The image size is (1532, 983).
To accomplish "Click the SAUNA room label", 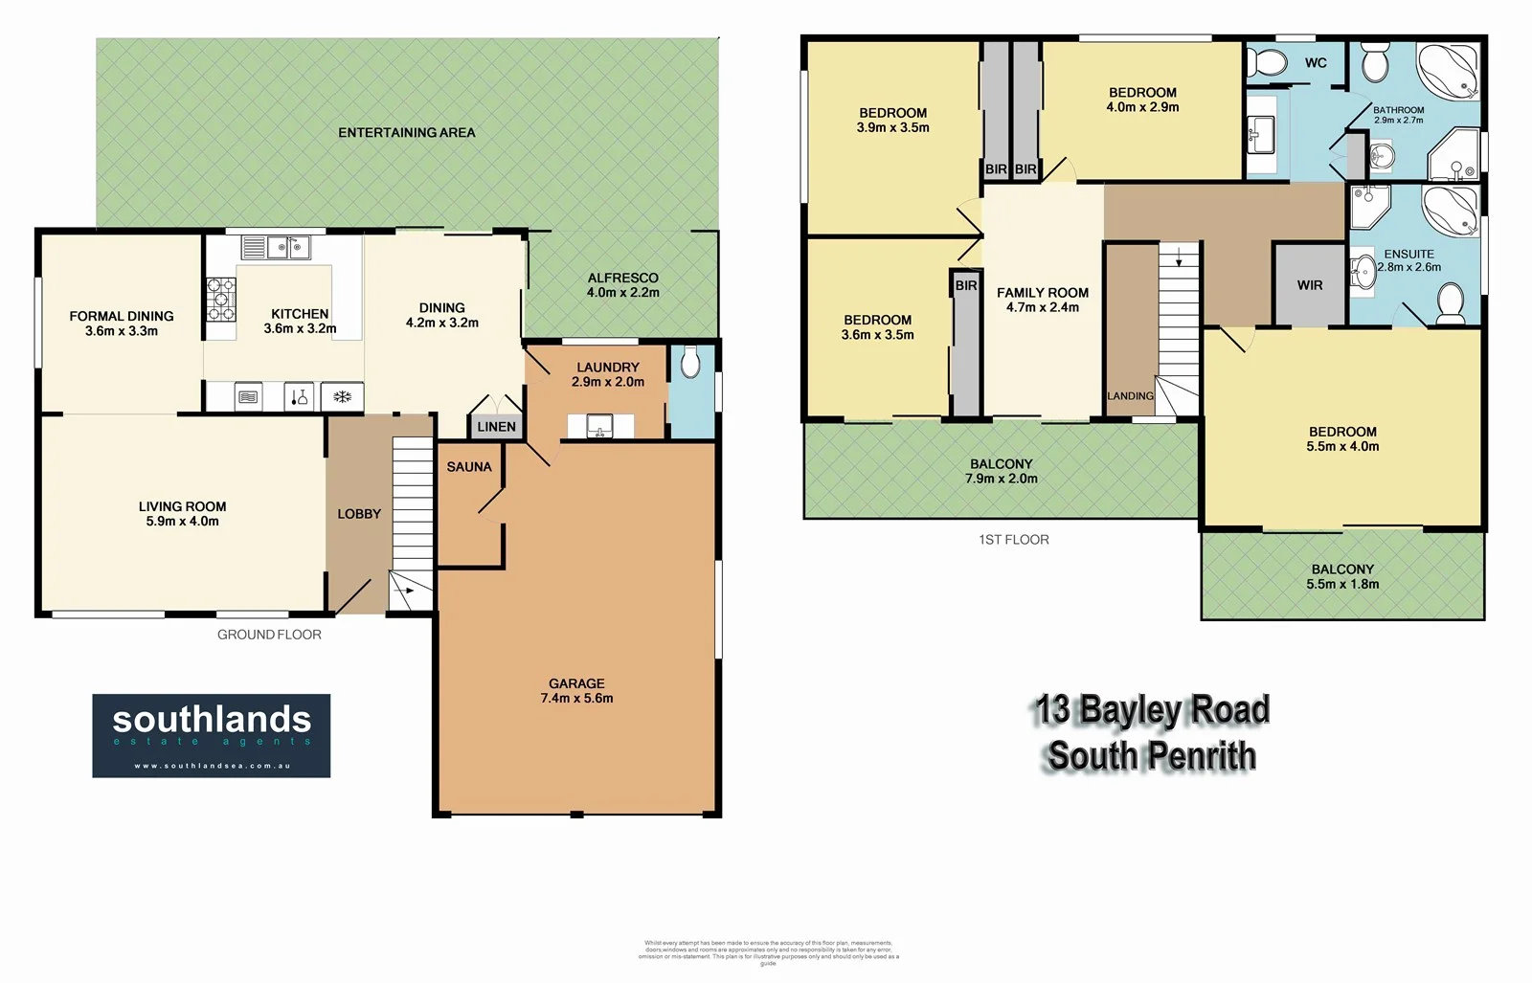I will click(x=469, y=467).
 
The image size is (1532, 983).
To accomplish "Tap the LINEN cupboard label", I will click(x=496, y=427).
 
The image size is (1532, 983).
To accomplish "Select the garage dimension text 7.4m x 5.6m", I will click(x=576, y=699).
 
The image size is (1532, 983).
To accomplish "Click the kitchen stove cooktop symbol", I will click(x=221, y=300).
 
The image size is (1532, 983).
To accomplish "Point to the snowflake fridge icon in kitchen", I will click(x=342, y=397).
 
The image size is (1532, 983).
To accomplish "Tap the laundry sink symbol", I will click(x=600, y=426).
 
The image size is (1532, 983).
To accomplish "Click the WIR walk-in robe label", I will click(x=1310, y=285).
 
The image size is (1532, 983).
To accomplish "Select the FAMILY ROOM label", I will click(x=1042, y=293).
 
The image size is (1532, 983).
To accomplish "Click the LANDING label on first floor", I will click(x=1130, y=396).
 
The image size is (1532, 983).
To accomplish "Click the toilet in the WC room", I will click(x=1271, y=63).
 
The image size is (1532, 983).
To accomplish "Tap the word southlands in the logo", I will click(x=212, y=719).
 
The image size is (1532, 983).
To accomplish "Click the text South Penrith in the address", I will click(x=1151, y=756).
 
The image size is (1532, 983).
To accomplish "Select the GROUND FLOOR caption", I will click(x=269, y=635).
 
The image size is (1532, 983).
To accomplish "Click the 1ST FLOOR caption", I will click(x=1013, y=540).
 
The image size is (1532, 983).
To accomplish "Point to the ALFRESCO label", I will click(x=622, y=278).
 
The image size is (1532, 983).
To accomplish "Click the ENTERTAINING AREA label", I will click(x=406, y=133).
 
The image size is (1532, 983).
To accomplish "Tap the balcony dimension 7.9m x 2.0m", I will click(x=1001, y=479).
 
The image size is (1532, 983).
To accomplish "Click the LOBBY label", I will click(x=359, y=514).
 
